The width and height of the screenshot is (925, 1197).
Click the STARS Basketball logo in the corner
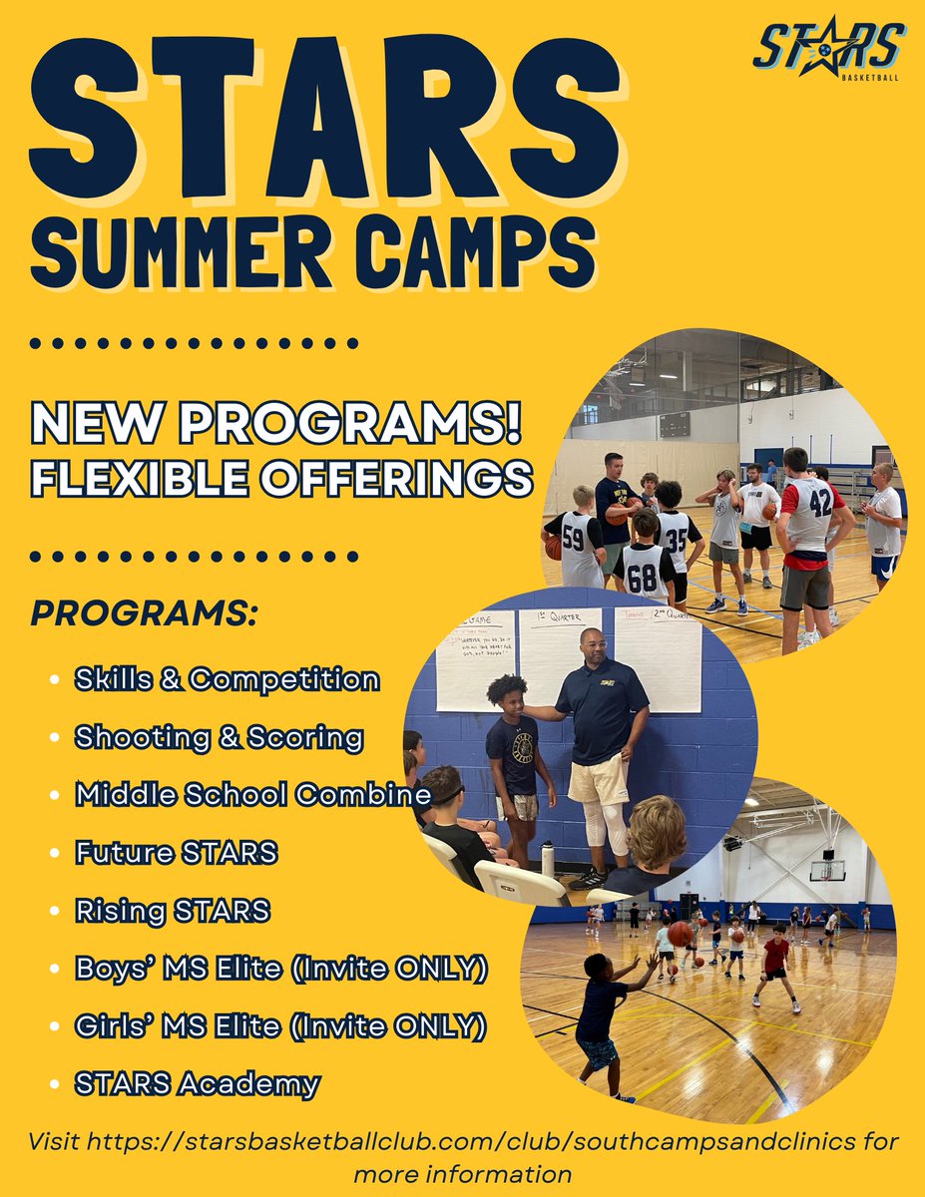[828, 51]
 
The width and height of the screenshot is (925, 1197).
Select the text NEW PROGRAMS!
[276, 424]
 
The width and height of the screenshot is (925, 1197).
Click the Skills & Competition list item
[227, 680]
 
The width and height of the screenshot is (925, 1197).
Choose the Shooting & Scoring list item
[219, 738]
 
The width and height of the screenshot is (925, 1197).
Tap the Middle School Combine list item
[252, 795]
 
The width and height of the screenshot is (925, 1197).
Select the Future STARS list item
[176, 853]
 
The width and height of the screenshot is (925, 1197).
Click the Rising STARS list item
[173, 911]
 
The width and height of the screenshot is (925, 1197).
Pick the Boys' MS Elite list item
[280, 968]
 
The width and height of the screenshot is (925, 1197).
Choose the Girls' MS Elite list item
[280, 1024]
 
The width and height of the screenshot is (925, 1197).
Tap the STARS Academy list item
[198, 1082]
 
